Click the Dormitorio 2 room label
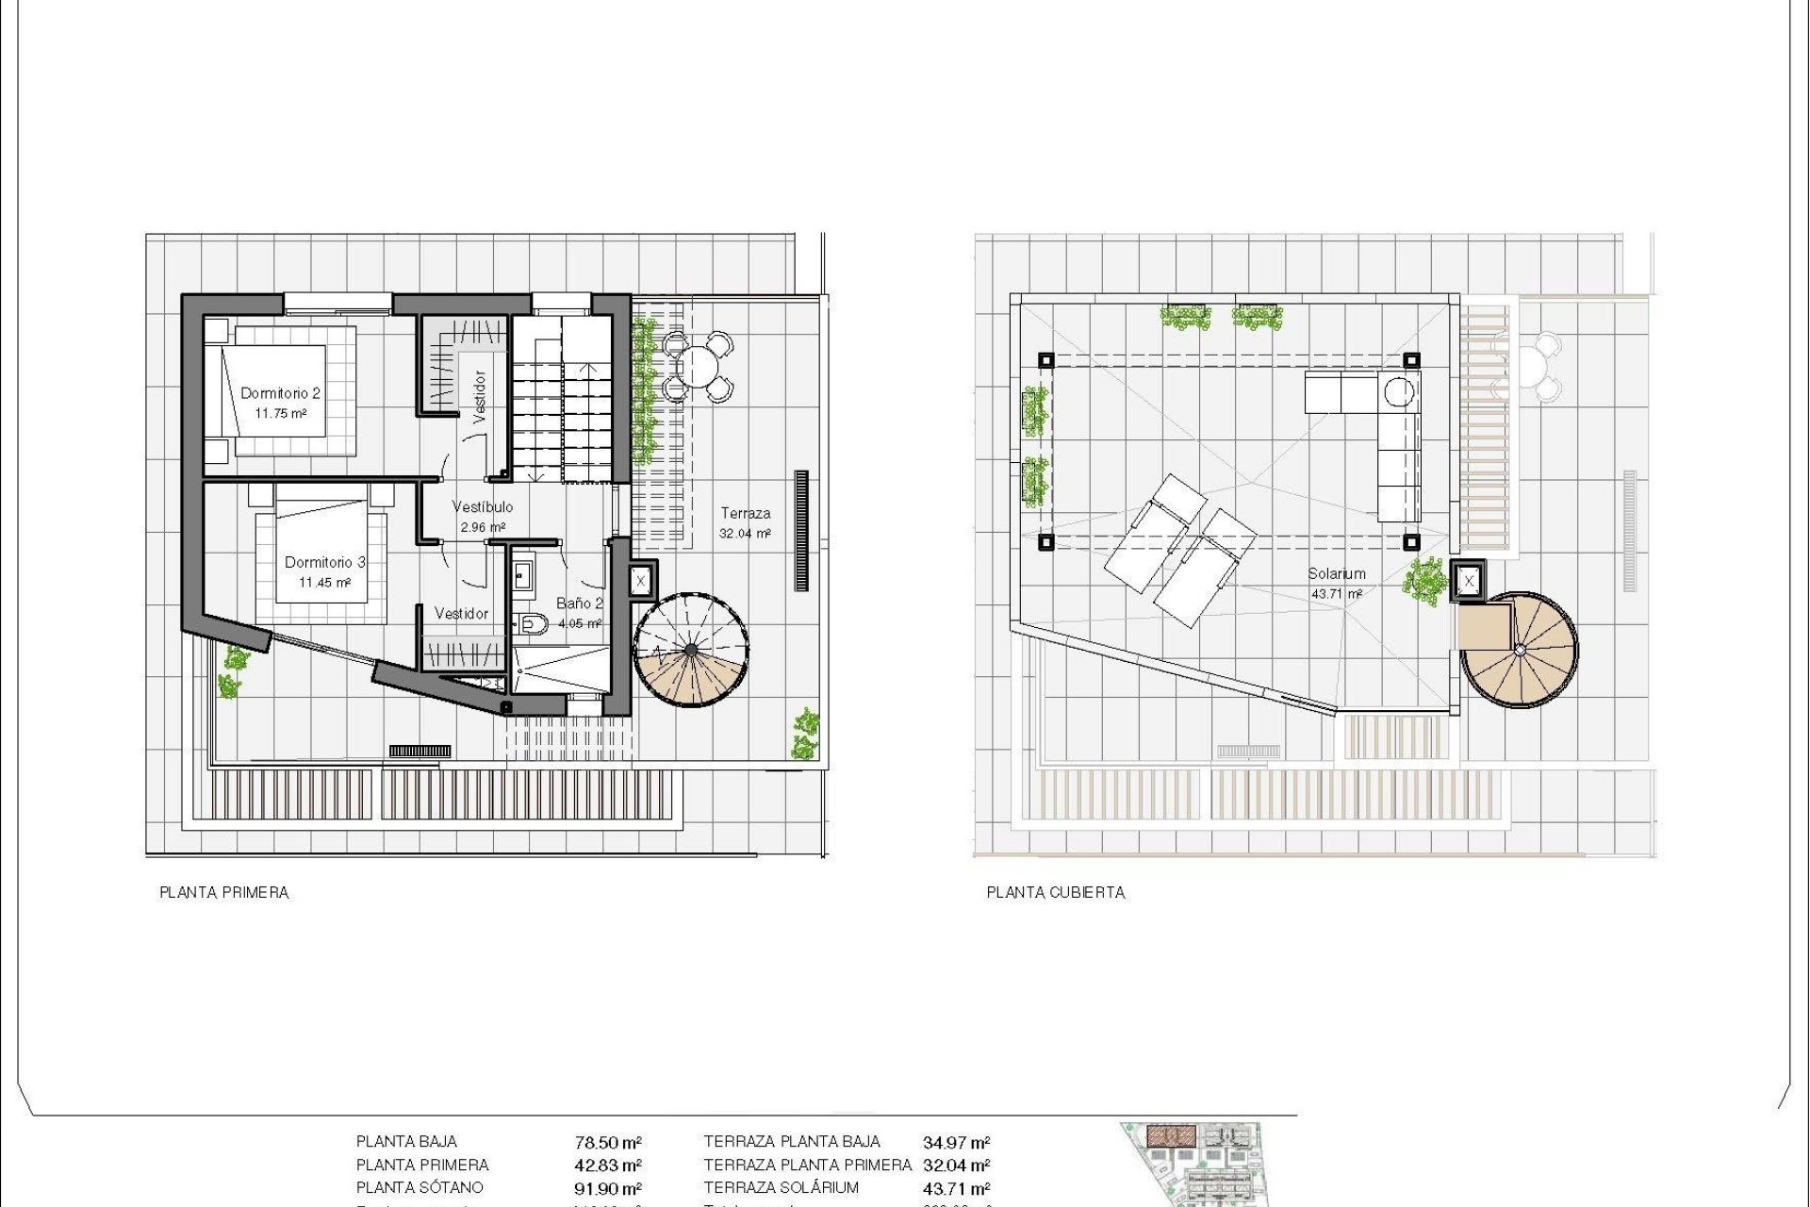pyautogui.click(x=280, y=393)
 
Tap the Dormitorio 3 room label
pyautogui.click(x=324, y=562)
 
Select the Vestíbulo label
pyautogui.click(x=483, y=507)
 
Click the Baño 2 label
pyautogui.click(x=579, y=603)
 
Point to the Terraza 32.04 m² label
pyautogui.click(x=745, y=523)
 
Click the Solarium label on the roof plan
pyautogui.click(x=1336, y=573)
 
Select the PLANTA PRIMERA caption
pyautogui.click(x=223, y=892)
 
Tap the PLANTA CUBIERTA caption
pyautogui.click(x=1055, y=892)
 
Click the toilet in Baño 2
pyautogui.click(x=533, y=622)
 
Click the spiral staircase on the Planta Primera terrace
pyautogui.click(x=691, y=651)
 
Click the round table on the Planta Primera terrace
pyautogui.click(x=698, y=365)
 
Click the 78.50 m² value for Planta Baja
pyautogui.click(x=608, y=1143)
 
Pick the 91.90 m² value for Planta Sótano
pyautogui.click(x=608, y=1189)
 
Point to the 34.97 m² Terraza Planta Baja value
pyautogui.click(x=956, y=1143)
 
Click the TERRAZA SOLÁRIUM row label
pyautogui.click(x=781, y=1188)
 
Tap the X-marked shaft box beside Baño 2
pyautogui.click(x=640, y=581)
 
